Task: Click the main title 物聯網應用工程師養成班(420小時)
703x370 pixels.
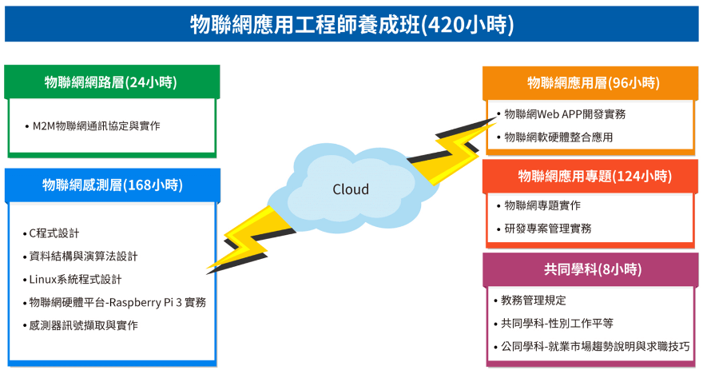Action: tap(352, 24)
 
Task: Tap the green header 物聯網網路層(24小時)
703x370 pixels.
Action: tap(111, 82)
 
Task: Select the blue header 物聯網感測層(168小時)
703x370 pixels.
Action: tap(113, 185)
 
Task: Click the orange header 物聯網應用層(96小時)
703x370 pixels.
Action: tap(594, 83)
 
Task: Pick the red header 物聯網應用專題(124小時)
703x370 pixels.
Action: tap(595, 176)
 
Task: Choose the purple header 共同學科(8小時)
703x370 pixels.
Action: tap(593, 269)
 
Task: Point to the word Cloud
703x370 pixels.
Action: tap(351, 189)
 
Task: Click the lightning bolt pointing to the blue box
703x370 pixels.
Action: tap(251, 240)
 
